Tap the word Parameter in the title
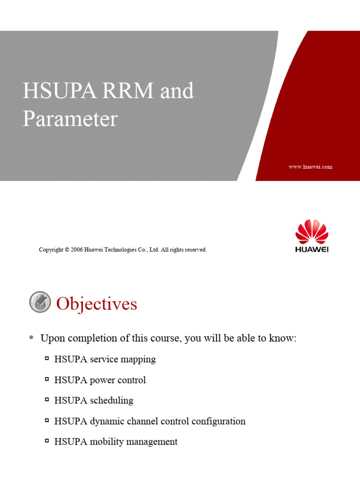[x=70, y=119]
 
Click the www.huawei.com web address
[x=310, y=167]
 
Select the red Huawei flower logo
[x=312, y=231]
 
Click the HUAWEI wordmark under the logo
[x=312, y=249]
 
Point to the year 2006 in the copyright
[x=77, y=250]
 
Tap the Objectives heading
[x=97, y=304]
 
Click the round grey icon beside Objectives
[x=40, y=302]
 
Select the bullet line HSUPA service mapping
[x=105, y=359]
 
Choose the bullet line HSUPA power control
[x=100, y=380]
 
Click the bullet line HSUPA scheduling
[x=94, y=400]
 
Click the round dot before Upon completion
[x=31, y=337]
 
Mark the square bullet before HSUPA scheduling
[x=47, y=400]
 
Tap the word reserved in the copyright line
[x=195, y=250]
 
